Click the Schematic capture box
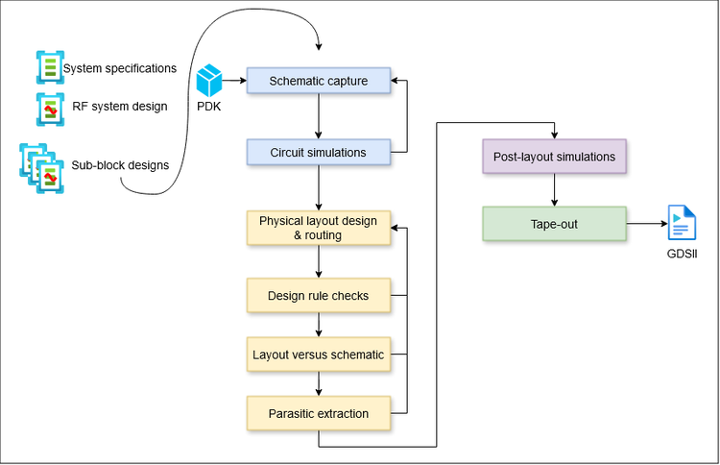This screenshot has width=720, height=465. point(319,81)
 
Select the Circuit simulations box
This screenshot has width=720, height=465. point(319,152)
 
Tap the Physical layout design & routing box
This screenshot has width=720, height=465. point(319,228)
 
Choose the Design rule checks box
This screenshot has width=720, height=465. point(319,296)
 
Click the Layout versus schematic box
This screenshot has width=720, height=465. point(319,355)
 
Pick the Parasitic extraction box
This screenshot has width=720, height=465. point(319,413)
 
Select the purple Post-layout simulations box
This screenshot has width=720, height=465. point(553,157)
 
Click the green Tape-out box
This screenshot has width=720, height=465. point(553,224)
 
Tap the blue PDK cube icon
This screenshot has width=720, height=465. point(209,80)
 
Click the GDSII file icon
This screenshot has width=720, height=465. point(683,225)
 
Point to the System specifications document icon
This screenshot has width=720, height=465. point(47,68)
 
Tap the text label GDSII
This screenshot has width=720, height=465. point(683,256)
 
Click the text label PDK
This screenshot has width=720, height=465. point(209,107)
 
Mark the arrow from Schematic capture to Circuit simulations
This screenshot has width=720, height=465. point(319,116)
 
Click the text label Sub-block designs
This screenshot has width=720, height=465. point(120,165)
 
